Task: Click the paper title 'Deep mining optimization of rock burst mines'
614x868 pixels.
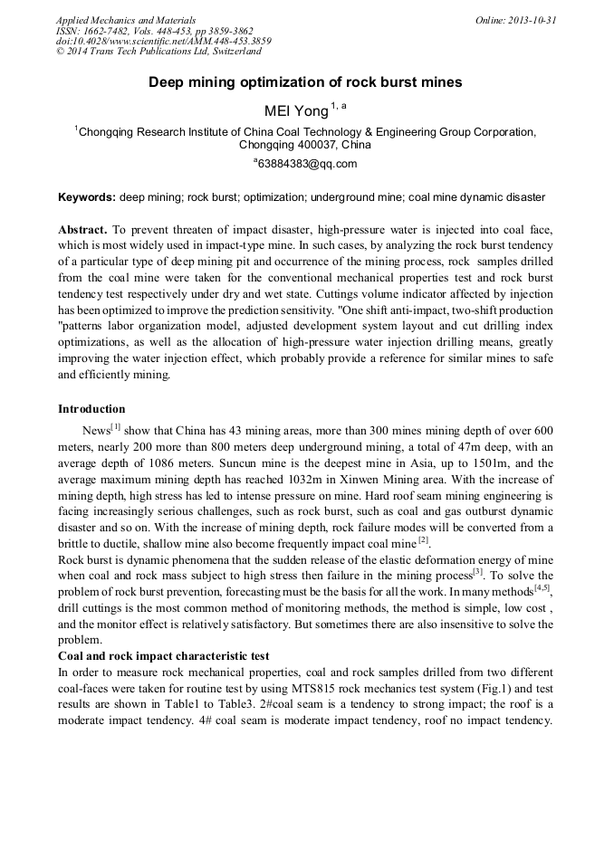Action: coord(305,82)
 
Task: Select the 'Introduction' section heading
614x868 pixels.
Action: coord(91,409)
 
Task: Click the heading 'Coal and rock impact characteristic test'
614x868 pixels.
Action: coord(168,655)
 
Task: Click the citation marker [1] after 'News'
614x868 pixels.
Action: coord(115,427)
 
